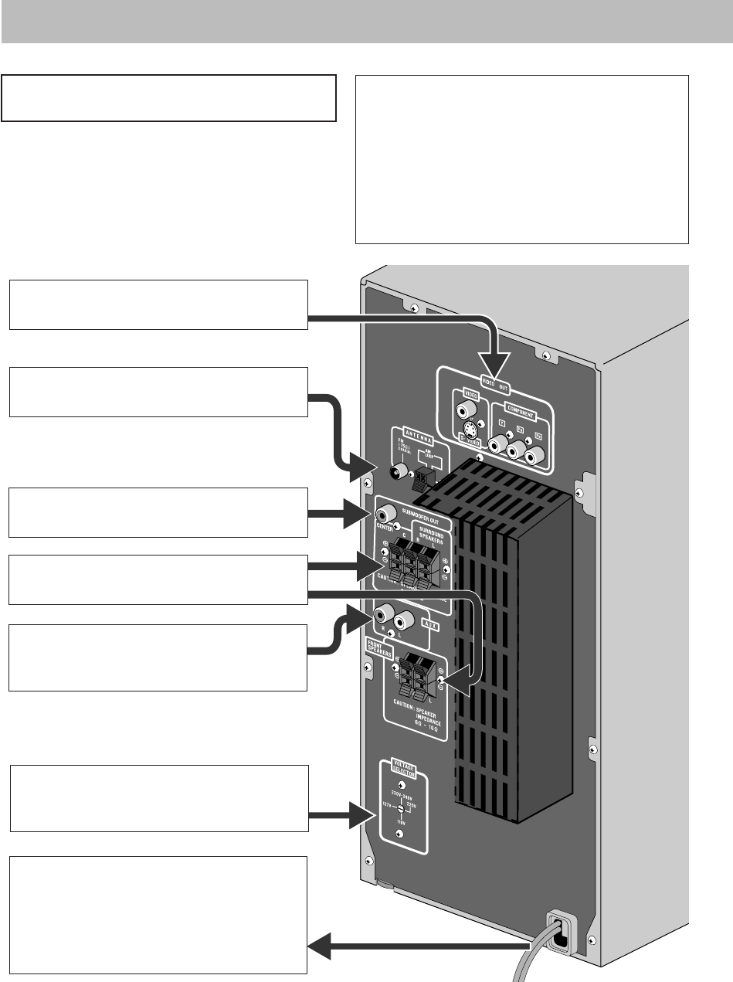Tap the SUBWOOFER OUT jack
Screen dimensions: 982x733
pyautogui.click(x=384, y=512)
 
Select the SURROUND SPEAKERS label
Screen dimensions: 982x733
pyautogui.click(x=433, y=534)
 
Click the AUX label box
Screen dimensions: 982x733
pyautogui.click(x=430, y=627)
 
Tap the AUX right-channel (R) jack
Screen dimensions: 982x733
pyautogui.click(x=382, y=617)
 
